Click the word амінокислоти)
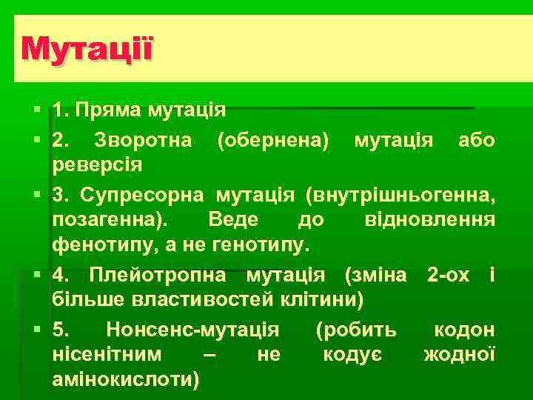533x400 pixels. click(125, 379)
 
